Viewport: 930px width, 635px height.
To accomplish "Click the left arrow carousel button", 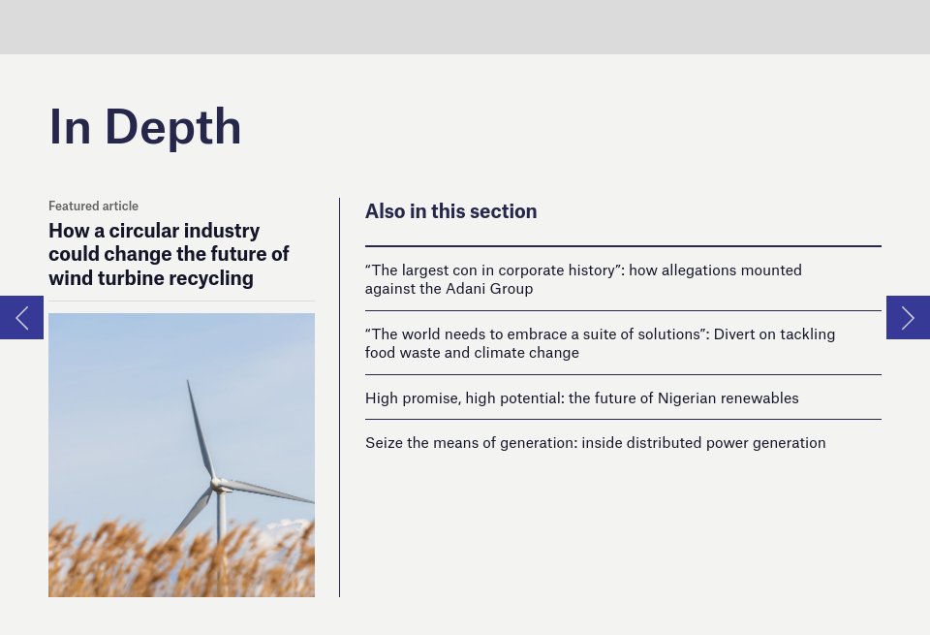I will coord(21,317).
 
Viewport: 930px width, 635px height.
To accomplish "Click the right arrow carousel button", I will coord(908,317).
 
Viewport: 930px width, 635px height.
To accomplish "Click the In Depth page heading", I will coord(145,127).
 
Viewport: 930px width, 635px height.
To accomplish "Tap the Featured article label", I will coord(93,206).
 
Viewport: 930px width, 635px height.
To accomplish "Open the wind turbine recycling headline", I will coord(169,255).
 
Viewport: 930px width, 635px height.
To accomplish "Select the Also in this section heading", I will coord(450,211).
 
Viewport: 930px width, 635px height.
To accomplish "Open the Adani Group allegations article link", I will coord(583,279).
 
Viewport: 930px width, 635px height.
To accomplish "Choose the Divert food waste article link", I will coord(600,343).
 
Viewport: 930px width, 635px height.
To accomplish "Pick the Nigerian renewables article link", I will coord(581,397).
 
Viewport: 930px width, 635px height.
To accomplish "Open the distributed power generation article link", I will coord(595,443).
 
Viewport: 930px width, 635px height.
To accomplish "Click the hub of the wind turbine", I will coord(218,482).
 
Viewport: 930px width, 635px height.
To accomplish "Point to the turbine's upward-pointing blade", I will coord(200,427).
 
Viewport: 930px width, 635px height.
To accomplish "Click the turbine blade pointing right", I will coord(271,492).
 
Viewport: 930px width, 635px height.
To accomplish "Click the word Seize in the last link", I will coord(385,443).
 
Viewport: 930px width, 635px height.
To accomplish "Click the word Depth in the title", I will coord(173,127).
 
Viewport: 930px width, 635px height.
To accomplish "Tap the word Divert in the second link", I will coord(736,334).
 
